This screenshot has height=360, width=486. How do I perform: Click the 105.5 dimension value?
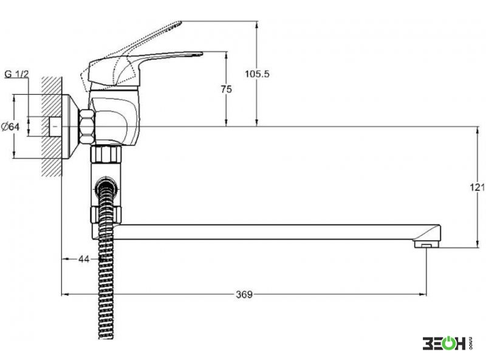tap(257, 74)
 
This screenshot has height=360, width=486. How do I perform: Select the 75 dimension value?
tap(226, 89)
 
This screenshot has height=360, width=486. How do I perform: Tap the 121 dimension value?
tap(477, 187)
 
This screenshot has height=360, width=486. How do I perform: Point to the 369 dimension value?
tap(244, 294)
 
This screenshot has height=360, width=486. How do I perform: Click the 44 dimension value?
tap(84, 259)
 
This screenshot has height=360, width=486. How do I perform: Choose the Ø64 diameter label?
tap(10, 126)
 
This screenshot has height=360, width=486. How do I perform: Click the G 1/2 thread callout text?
tap(17, 74)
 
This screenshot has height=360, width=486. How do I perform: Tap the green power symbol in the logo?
tap(445, 343)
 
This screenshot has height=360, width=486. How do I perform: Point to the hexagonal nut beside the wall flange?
tap(87, 126)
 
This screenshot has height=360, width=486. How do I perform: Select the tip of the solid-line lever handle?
tap(202, 54)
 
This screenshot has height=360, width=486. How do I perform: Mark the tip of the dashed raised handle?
tap(180, 22)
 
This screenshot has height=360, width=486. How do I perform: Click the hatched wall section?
tap(51, 126)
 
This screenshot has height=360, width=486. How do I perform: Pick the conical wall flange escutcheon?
tap(71, 126)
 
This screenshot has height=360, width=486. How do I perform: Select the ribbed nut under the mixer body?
tap(106, 154)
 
